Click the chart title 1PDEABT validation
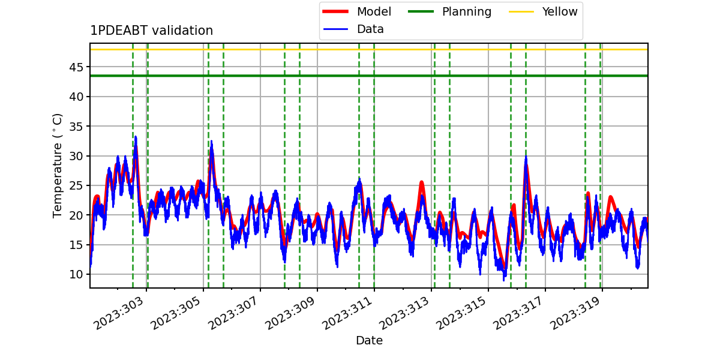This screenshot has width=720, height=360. coord(151,31)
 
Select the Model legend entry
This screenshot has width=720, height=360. coord(357,11)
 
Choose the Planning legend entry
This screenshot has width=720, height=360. coord(449,11)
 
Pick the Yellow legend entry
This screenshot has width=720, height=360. coord(543,11)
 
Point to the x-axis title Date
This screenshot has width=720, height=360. coord(369,340)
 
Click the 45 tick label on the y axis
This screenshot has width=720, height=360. coord(76,67)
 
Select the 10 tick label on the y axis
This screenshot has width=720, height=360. coord(76,275)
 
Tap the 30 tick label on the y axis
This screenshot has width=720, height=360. coord(76,156)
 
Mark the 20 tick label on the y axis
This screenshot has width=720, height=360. coord(76,215)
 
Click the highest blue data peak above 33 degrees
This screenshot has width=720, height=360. coord(136,137)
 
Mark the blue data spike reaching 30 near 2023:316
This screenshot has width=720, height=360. coord(526,157)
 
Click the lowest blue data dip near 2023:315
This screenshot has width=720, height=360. coord(504,280)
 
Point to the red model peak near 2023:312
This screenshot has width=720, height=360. coord(422,182)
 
